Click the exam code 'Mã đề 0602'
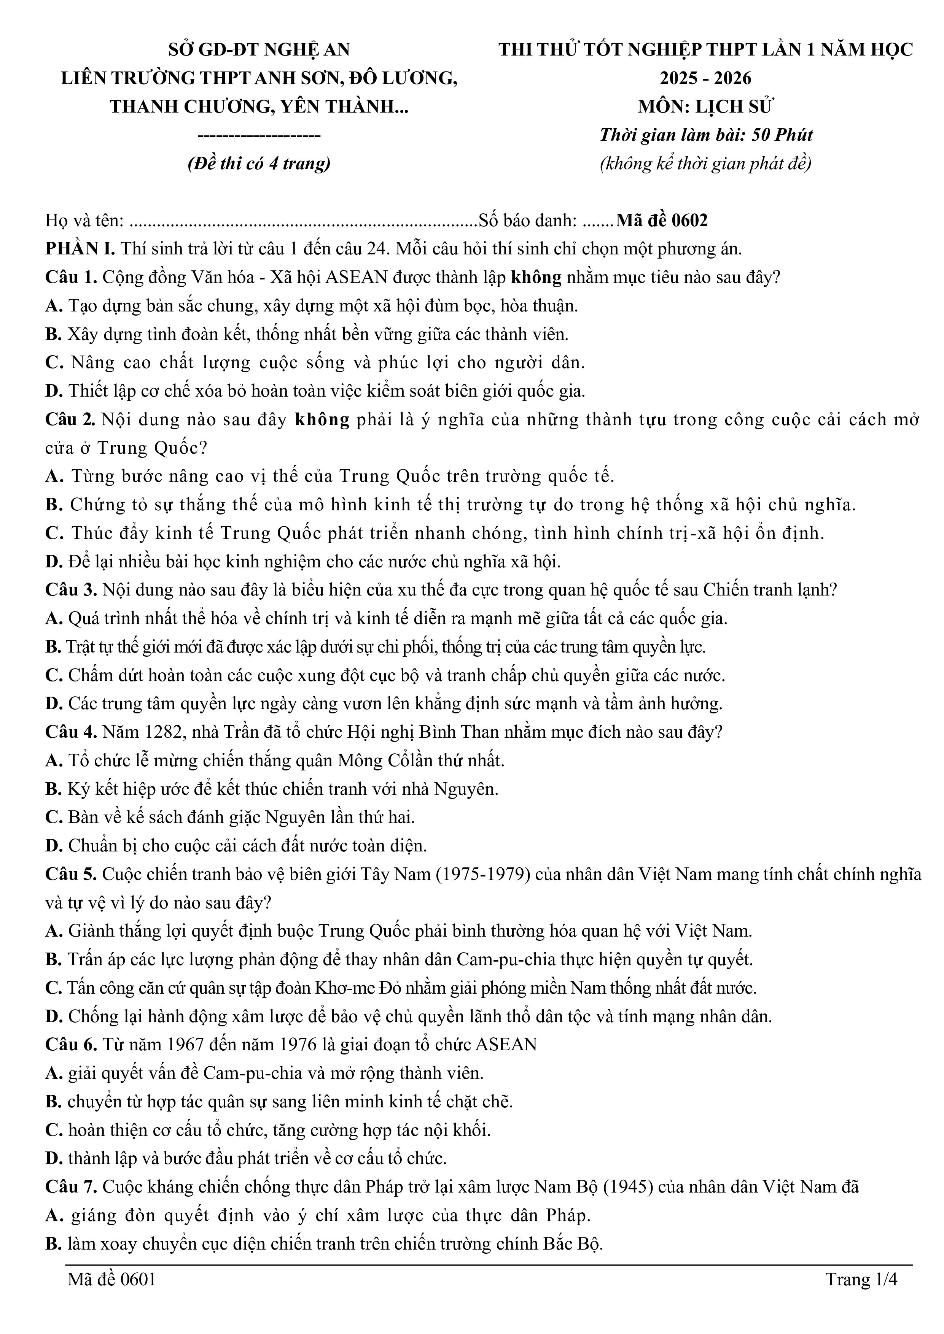coord(662,221)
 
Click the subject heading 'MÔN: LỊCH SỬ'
coord(706,107)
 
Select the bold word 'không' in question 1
coord(536,277)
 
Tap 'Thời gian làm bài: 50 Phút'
coord(706,135)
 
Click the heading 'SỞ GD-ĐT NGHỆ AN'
coord(259,50)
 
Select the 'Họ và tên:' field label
coord(85,221)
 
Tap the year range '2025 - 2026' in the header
coord(706,78)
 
